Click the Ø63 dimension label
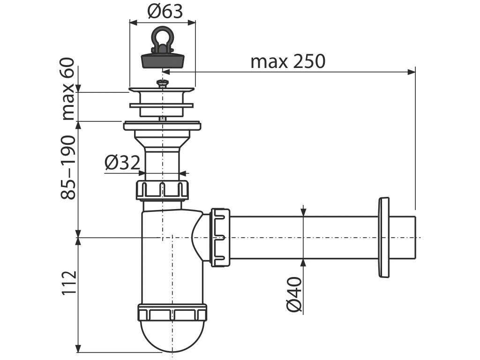coord(165,11)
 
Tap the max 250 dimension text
coord(287,61)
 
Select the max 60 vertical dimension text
coord(68,89)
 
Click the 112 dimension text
coord(68,283)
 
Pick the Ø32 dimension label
coord(122,163)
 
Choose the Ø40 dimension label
coord(293,294)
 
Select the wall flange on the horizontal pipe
coord(383,238)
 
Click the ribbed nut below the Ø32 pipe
coord(162,189)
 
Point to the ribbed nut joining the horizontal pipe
coord(220,238)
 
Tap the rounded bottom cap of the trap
coord(172,336)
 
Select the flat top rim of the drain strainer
coord(162,90)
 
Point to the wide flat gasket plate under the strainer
coord(162,126)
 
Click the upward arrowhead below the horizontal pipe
coord(304,263)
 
